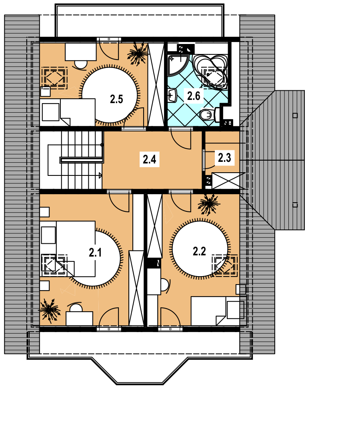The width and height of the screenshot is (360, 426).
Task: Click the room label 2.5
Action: (x=116, y=99)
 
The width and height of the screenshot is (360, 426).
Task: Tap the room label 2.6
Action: (x=194, y=96)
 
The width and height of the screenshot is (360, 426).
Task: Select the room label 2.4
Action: (x=149, y=159)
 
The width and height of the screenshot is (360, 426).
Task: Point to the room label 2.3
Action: (x=224, y=157)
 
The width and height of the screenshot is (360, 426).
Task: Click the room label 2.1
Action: (x=95, y=253)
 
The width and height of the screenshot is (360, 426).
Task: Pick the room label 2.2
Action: (x=199, y=251)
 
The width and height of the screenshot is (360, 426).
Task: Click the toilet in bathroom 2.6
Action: (x=210, y=115)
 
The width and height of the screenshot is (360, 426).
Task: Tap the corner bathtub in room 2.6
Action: (x=210, y=72)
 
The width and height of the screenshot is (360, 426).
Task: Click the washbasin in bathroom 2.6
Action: (x=172, y=96)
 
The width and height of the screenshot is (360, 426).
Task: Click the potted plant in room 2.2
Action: (x=208, y=204)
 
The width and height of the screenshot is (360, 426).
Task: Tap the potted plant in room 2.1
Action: (x=50, y=310)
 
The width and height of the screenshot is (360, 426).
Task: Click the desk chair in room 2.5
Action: (x=80, y=64)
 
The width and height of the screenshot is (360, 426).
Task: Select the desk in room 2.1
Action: (x=79, y=319)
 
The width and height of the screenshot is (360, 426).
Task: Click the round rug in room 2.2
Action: (x=200, y=249)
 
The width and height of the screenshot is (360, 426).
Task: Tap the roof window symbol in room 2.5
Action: (x=54, y=78)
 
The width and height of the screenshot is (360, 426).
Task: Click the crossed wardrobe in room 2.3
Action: (x=226, y=181)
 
